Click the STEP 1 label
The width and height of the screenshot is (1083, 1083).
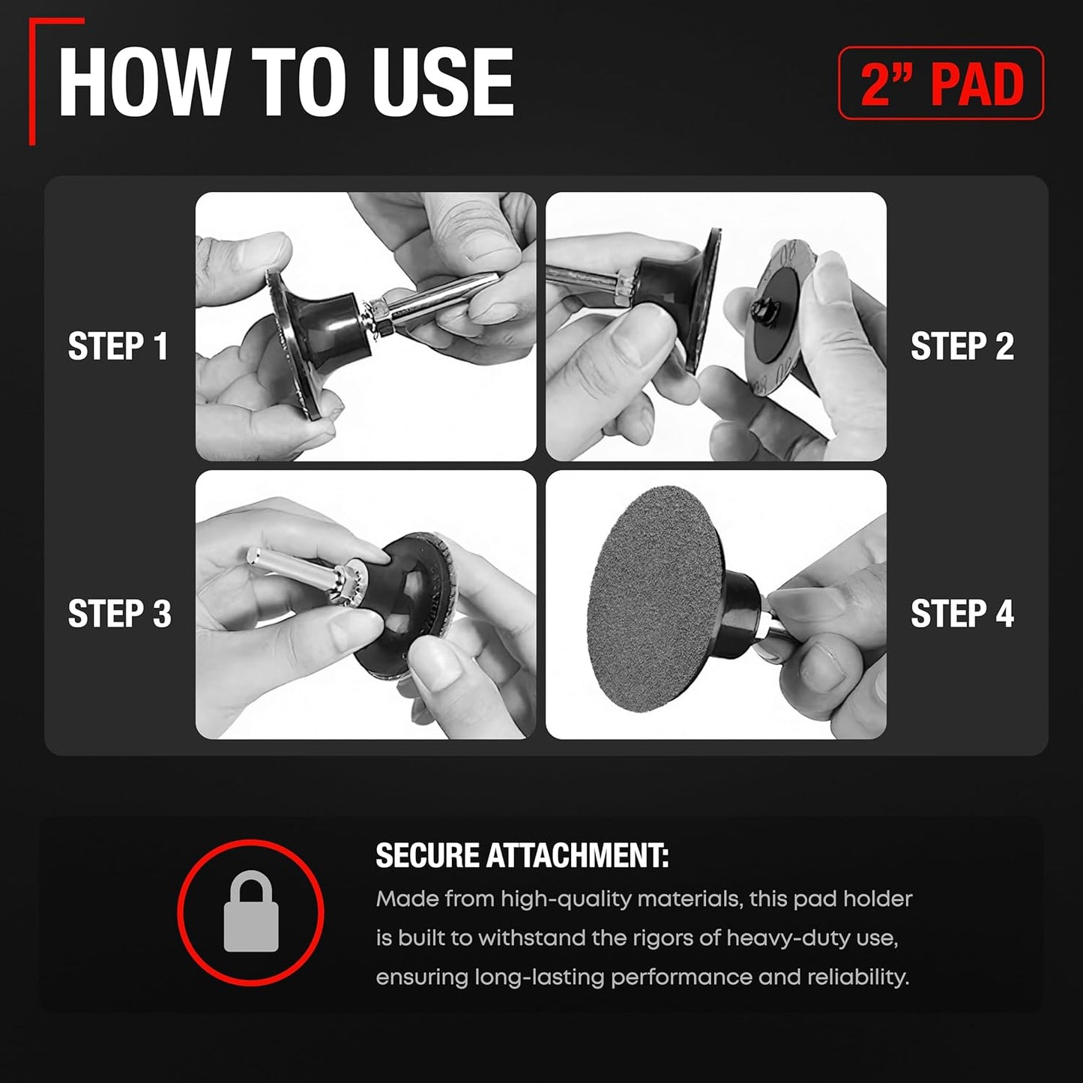point(118,346)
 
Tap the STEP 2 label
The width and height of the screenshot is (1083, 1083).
point(962,346)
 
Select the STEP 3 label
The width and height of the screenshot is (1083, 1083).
point(119,613)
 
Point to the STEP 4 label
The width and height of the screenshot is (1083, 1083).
point(962,613)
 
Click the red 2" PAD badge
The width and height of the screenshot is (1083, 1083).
point(941,83)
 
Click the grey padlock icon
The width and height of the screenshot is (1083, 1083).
point(251,912)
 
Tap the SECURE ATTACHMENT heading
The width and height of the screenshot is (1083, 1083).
point(522,855)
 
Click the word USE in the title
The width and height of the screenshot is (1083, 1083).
point(442,82)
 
